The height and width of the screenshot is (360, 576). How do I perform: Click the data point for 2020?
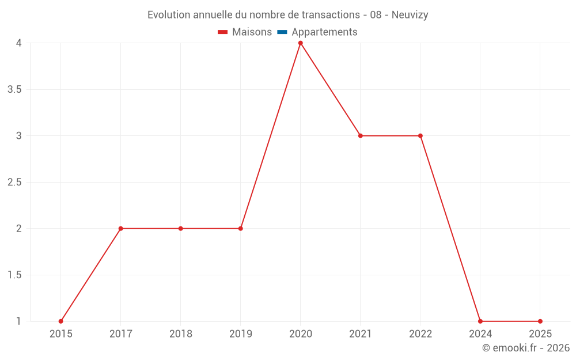(x=300, y=43)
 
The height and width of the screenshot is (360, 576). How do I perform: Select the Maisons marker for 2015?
(x=60, y=321)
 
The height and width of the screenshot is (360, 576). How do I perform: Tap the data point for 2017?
(x=120, y=229)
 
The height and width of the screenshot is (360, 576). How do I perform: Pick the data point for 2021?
(x=360, y=136)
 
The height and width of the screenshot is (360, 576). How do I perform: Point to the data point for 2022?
(x=420, y=136)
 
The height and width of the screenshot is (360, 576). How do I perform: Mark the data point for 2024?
(x=480, y=321)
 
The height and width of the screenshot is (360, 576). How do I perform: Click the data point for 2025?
(x=540, y=321)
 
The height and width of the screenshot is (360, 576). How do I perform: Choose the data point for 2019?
(x=240, y=229)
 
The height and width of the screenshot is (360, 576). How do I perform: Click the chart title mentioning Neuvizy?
(x=287, y=15)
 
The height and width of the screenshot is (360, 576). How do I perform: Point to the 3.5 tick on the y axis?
(x=14, y=89)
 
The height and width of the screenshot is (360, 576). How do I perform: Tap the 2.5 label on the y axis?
(x=14, y=182)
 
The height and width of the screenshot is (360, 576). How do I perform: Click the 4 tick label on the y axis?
(x=19, y=43)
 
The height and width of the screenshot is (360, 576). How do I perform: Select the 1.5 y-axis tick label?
(x=14, y=275)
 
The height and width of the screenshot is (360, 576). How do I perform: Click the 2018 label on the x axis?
(x=180, y=334)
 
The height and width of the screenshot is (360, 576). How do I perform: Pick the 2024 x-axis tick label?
(x=480, y=334)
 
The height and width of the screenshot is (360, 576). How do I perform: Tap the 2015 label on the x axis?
(x=60, y=334)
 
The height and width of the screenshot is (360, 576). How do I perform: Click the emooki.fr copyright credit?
(x=525, y=348)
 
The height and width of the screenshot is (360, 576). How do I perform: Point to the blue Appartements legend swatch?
(x=282, y=32)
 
